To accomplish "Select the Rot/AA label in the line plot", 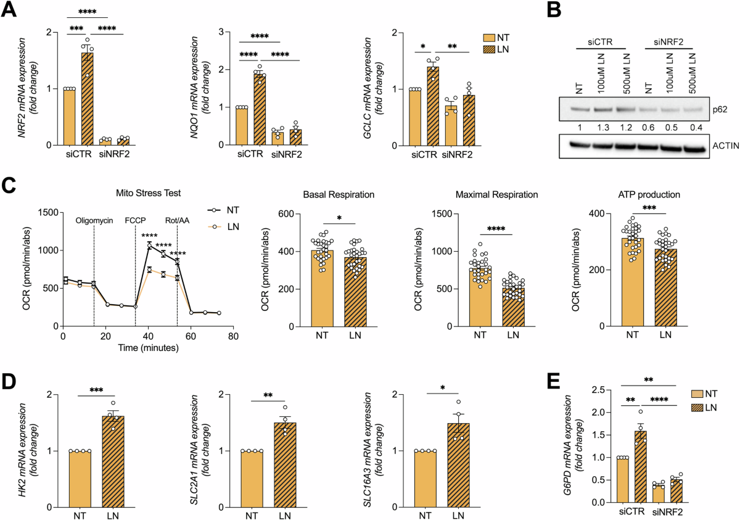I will pos(176,220).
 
